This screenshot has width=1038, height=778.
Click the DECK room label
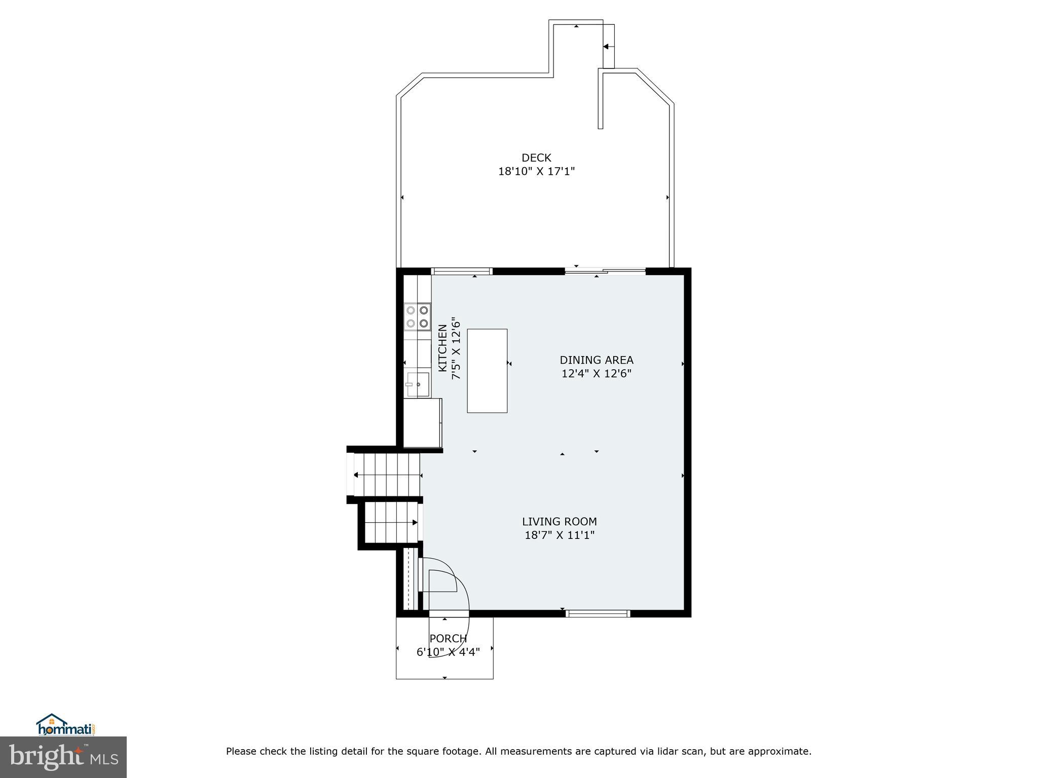pos(536,158)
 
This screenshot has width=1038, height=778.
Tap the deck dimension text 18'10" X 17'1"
pos(536,172)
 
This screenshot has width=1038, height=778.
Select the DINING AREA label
pos(596,360)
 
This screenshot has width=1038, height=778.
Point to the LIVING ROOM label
pos(559,521)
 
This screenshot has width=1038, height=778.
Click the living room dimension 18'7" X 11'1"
pos(559,535)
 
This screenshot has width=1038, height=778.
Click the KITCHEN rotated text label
pos(442,348)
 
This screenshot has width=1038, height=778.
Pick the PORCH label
pos(448,639)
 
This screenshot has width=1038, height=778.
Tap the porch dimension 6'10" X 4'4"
pos(448,652)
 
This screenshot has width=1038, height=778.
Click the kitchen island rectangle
pos(487,371)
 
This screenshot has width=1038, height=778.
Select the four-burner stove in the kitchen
pos(417,316)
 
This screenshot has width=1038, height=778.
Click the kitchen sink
pos(417,384)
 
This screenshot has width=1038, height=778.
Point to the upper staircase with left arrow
pos(387,475)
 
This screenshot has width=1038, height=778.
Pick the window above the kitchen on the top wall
pos(461,271)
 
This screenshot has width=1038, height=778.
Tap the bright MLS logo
pos(63,757)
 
